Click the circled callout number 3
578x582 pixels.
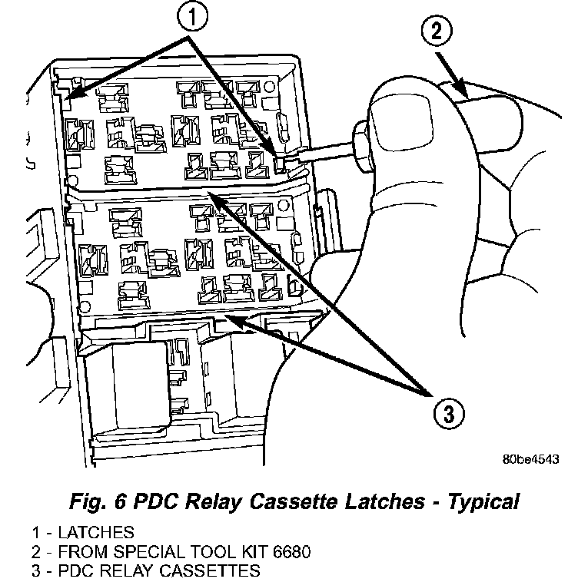447,415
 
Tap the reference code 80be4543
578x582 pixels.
530,459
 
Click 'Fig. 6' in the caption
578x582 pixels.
91,503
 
